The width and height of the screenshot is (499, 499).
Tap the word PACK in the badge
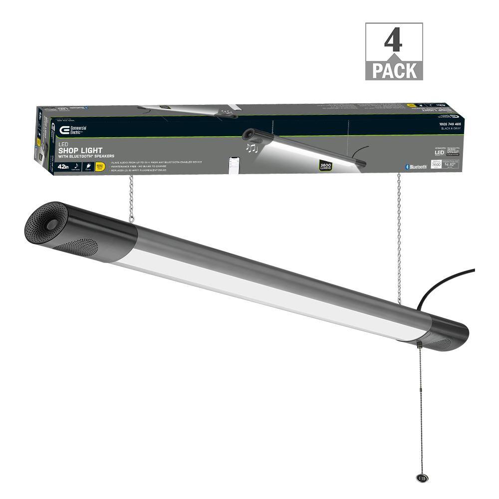(x=394, y=70)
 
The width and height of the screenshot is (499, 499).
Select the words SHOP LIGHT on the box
(x=81, y=150)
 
